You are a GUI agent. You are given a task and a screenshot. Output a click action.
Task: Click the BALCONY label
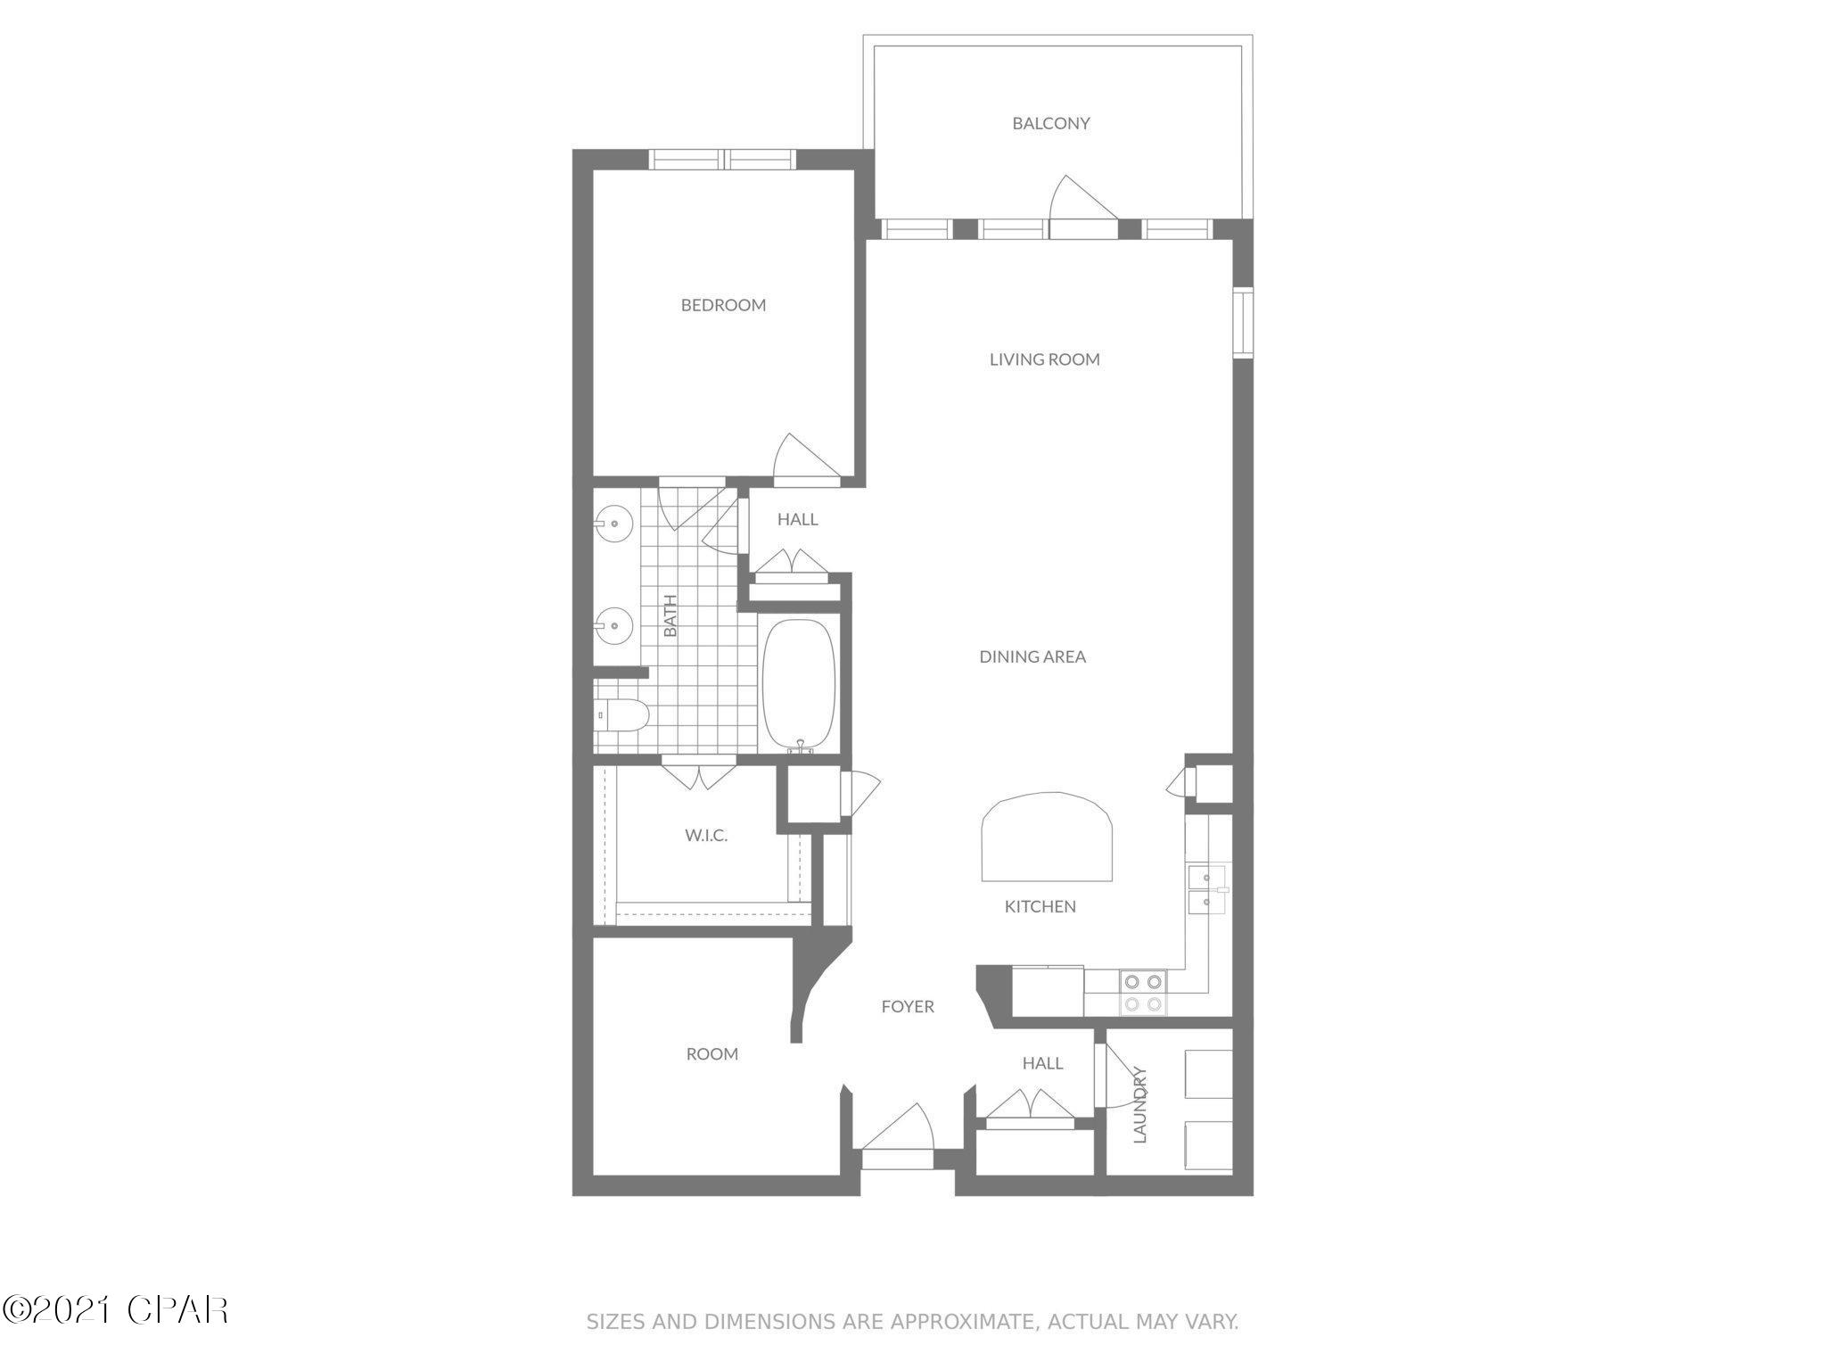pos(1050,124)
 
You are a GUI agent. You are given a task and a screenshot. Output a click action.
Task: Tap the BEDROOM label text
pos(723,305)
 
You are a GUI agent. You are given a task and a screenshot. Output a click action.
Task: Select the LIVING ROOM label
pos(1044,359)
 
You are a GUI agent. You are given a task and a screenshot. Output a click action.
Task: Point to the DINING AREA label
pos(1032,656)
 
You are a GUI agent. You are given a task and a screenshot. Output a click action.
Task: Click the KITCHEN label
pos(1040,906)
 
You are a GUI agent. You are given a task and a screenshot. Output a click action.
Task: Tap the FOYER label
pos(908,1006)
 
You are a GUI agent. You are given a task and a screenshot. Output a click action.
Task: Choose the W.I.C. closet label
pos(706,836)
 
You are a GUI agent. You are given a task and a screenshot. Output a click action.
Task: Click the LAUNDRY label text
pos(1139,1105)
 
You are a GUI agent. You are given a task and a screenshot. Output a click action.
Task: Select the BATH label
pos(670,615)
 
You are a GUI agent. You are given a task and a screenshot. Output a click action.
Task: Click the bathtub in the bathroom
pos(799,687)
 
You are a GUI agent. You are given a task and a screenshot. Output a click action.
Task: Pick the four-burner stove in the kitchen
pos(1143,993)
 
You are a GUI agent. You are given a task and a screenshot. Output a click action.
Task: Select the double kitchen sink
pos(1205,889)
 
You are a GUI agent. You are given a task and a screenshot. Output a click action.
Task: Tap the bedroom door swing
pos(802,460)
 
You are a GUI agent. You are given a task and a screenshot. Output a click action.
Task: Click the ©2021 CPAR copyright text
pos(115,1310)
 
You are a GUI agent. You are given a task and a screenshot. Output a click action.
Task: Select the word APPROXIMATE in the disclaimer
pos(949,1322)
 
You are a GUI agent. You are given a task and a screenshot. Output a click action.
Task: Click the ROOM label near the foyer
pos(711,1053)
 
